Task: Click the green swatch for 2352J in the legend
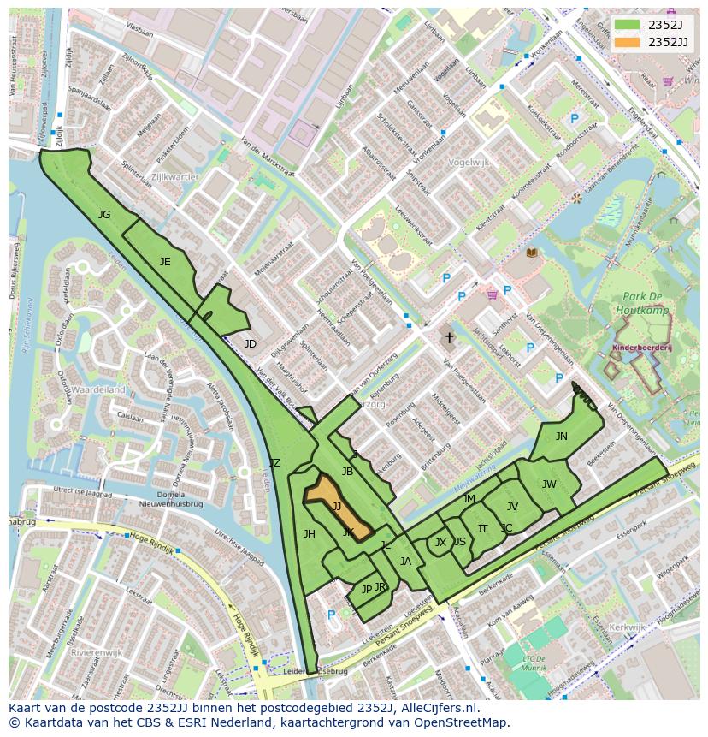click(628, 25)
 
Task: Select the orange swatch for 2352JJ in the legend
click(628, 41)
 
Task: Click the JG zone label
click(104, 215)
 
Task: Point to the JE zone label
click(165, 262)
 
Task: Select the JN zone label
click(561, 437)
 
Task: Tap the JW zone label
click(549, 484)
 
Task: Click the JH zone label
click(310, 534)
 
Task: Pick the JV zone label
click(512, 507)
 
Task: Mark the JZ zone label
click(274, 463)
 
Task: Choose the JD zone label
click(250, 344)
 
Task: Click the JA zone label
click(405, 562)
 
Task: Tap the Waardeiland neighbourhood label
click(97, 389)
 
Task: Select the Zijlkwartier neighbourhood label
click(174, 177)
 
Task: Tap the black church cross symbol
click(449, 338)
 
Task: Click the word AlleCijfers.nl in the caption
click(435, 709)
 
